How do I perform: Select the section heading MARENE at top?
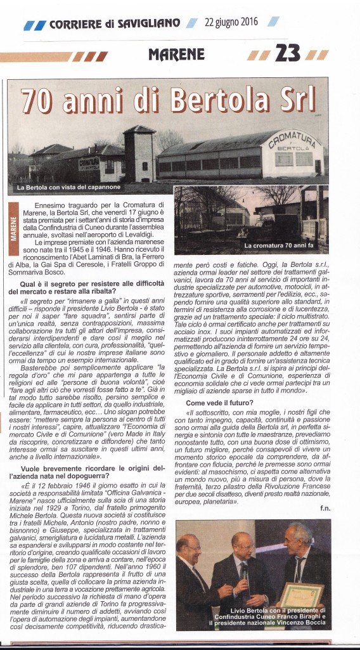click(x=177, y=55)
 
